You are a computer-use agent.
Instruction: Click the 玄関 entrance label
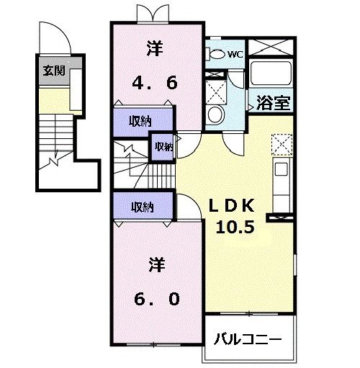(x=53, y=71)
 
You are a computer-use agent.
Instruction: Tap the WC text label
(x=235, y=53)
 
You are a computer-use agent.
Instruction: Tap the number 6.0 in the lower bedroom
(x=154, y=297)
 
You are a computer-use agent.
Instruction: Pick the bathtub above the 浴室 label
(x=271, y=73)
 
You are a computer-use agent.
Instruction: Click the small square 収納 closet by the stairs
(x=163, y=147)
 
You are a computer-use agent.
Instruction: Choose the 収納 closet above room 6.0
(x=142, y=207)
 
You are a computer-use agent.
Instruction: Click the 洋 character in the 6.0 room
(x=154, y=265)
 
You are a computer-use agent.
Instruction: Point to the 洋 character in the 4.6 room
(x=154, y=50)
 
